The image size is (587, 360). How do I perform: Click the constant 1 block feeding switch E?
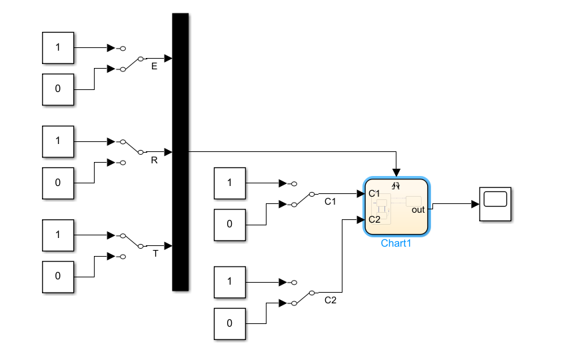click(58, 48)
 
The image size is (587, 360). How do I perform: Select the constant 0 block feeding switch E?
click(58, 89)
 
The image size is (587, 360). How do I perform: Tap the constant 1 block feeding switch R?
click(58, 141)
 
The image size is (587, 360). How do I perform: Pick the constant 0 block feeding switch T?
click(58, 275)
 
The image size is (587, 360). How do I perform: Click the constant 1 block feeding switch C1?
click(230, 183)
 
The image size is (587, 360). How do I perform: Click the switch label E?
click(155, 67)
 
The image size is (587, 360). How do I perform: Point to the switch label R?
click(155, 160)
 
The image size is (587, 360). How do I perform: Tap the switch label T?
click(155, 253)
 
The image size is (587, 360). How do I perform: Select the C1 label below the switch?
click(330, 201)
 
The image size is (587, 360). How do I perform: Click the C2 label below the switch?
click(330, 300)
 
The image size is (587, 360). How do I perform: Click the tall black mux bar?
click(181, 152)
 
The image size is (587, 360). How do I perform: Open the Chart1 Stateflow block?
click(397, 207)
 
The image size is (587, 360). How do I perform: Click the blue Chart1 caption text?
click(396, 243)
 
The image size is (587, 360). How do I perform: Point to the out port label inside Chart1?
click(418, 210)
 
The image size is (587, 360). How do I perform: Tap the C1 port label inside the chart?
click(374, 194)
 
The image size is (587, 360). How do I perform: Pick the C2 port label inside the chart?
click(374, 219)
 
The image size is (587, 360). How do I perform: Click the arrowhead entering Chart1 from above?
click(397, 173)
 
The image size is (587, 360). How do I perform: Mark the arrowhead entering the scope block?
click(474, 204)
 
